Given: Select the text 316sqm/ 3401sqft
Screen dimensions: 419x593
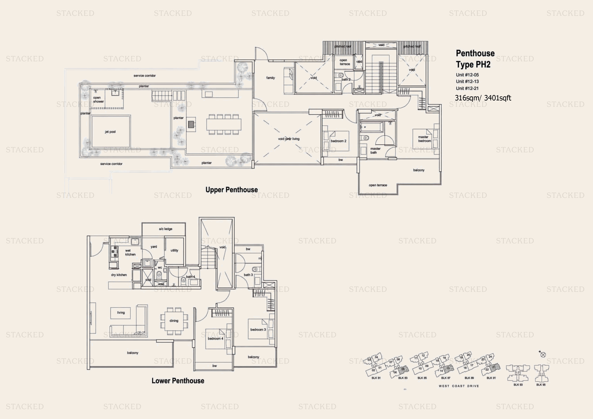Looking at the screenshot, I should [483, 98].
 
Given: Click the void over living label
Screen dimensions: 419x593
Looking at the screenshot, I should [289, 139].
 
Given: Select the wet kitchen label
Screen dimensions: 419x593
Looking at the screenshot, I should [130, 253].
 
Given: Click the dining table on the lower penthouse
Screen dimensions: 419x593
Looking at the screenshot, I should [174, 321].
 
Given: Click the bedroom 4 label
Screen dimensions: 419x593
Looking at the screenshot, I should [215, 338].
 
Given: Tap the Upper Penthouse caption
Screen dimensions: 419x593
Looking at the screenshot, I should [231, 190].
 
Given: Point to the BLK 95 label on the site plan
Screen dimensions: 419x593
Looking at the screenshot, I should [541, 385].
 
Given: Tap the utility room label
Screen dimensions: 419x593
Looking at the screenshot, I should [174, 250].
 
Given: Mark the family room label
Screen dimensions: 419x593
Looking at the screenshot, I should [270, 78].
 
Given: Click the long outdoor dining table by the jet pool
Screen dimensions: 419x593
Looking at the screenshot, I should [223, 124].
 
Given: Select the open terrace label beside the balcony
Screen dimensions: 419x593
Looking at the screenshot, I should [378, 185].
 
